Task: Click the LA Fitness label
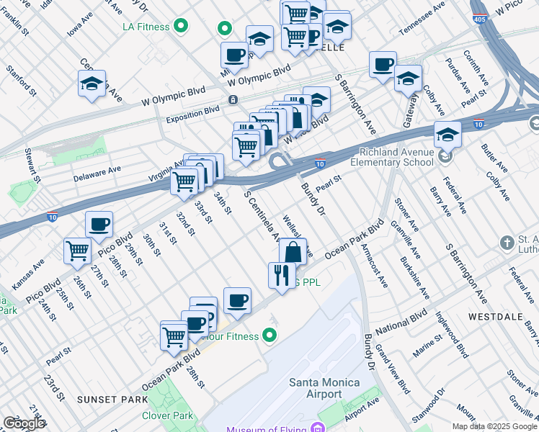pos(146,27)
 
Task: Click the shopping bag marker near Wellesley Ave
pos(293,252)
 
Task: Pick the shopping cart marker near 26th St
pos(77,251)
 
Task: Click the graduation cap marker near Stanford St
pos(92,84)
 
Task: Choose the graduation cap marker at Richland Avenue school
pos(447,134)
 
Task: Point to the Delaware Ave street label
pos(97,173)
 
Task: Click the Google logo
pos(24,423)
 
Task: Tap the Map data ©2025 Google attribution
pos(494,426)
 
